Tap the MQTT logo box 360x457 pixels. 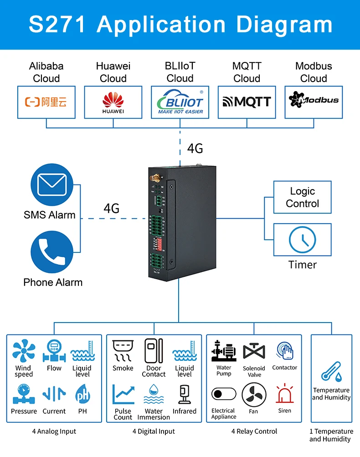tap(247, 102)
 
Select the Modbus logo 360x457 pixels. tap(314, 100)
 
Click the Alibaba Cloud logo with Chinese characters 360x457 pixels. tap(46, 102)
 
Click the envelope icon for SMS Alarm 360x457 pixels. tap(51, 185)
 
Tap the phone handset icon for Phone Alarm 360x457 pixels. tap(51, 252)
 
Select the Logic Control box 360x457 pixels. tap(302, 197)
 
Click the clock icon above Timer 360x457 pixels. tap(302, 240)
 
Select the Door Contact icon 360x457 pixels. tap(154, 351)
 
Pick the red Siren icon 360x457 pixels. tap(284, 393)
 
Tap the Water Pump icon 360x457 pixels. tap(224, 351)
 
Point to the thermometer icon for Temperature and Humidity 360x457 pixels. tap(331, 371)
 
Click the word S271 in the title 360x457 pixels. tap(57, 25)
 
